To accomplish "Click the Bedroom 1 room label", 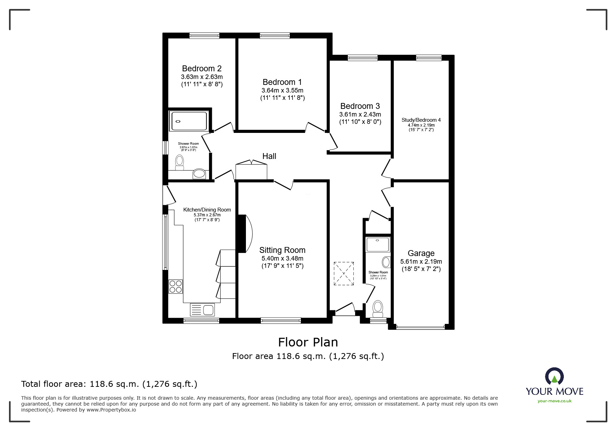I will click(x=282, y=82).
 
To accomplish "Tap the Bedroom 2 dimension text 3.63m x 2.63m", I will click(x=202, y=77).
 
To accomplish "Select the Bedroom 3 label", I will click(x=360, y=106).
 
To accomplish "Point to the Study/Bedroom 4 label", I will click(x=421, y=120).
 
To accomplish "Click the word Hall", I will click(x=269, y=156).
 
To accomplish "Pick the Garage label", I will click(x=421, y=253).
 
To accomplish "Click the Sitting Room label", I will click(x=282, y=250).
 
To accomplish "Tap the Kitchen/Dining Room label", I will click(x=207, y=210).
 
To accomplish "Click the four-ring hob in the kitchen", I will click(x=176, y=286).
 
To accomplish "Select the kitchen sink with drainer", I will click(x=202, y=310).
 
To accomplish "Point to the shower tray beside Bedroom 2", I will click(x=189, y=121).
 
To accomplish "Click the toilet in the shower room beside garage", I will click(x=378, y=308).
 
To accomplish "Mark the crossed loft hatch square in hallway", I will click(x=344, y=274).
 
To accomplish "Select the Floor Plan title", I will click(x=308, y=342).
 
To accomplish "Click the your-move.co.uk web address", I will click(x=554, y=401).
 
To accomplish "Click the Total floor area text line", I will click(x=109, y=384).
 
